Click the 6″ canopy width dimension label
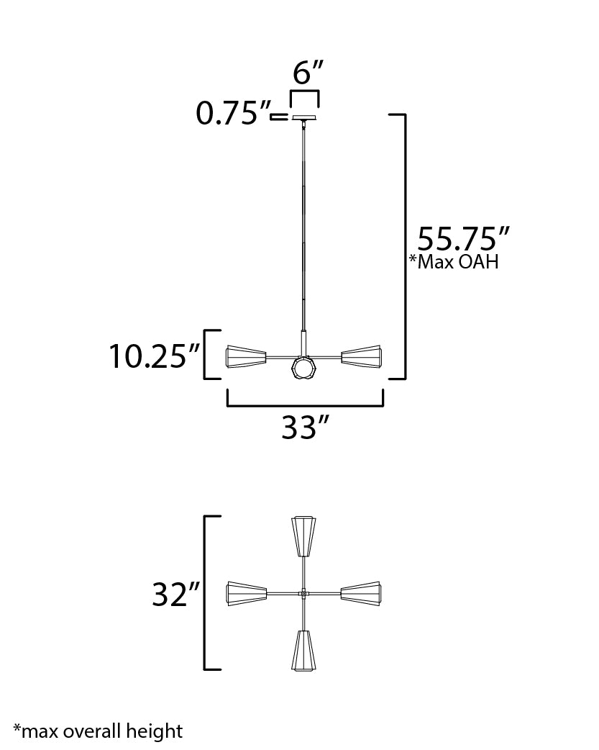(308, 73)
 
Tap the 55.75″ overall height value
(464, 238)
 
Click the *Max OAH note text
(454, 261)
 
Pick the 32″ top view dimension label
(175, 595)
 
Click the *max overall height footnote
(98, 731)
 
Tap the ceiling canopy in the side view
(304, 117)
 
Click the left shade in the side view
(246, 356)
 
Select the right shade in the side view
(362, 356)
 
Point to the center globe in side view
(303, 369)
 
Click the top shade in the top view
(303, 536)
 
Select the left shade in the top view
(246, 593)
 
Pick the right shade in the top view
(361, 593)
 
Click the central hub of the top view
(303, 593)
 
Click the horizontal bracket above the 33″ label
(305, 405)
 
